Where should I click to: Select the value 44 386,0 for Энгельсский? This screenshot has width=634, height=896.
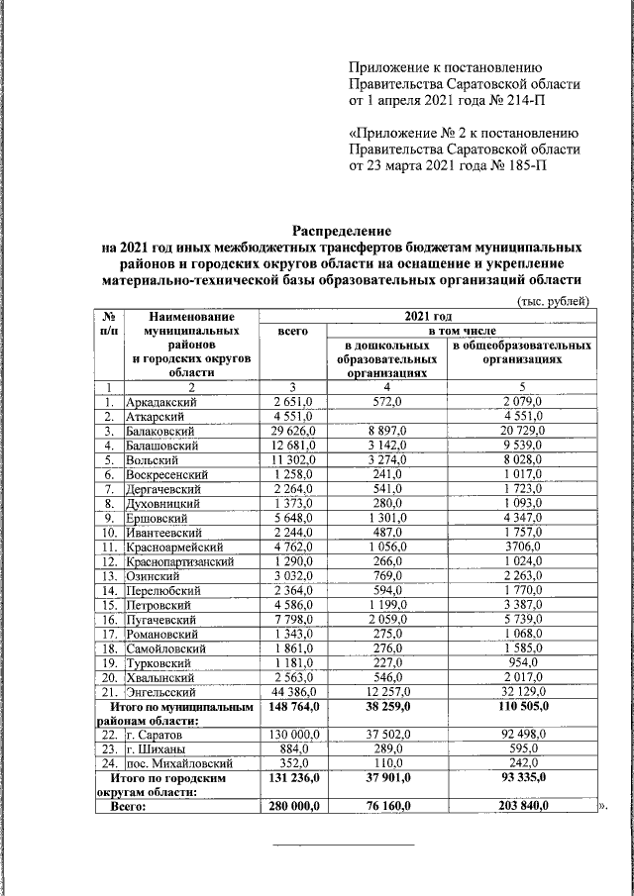click(292, 689)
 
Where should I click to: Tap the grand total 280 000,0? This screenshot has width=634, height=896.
click(292, 808)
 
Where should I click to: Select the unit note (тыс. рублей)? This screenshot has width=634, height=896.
click(555, 301)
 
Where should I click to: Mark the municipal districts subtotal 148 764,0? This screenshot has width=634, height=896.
click(292, 704)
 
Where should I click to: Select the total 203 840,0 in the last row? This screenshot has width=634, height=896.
click(521, 808)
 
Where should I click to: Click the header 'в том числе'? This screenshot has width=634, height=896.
click(461, 330)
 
